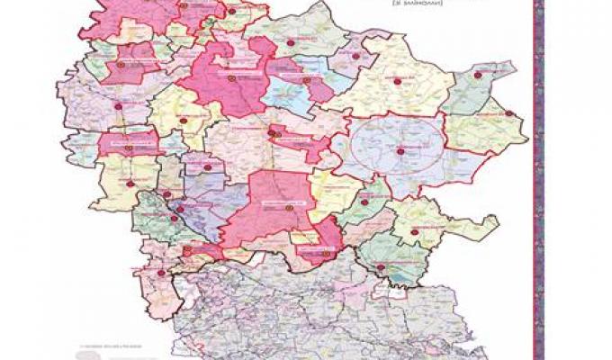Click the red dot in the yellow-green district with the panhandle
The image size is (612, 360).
(414, 232)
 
